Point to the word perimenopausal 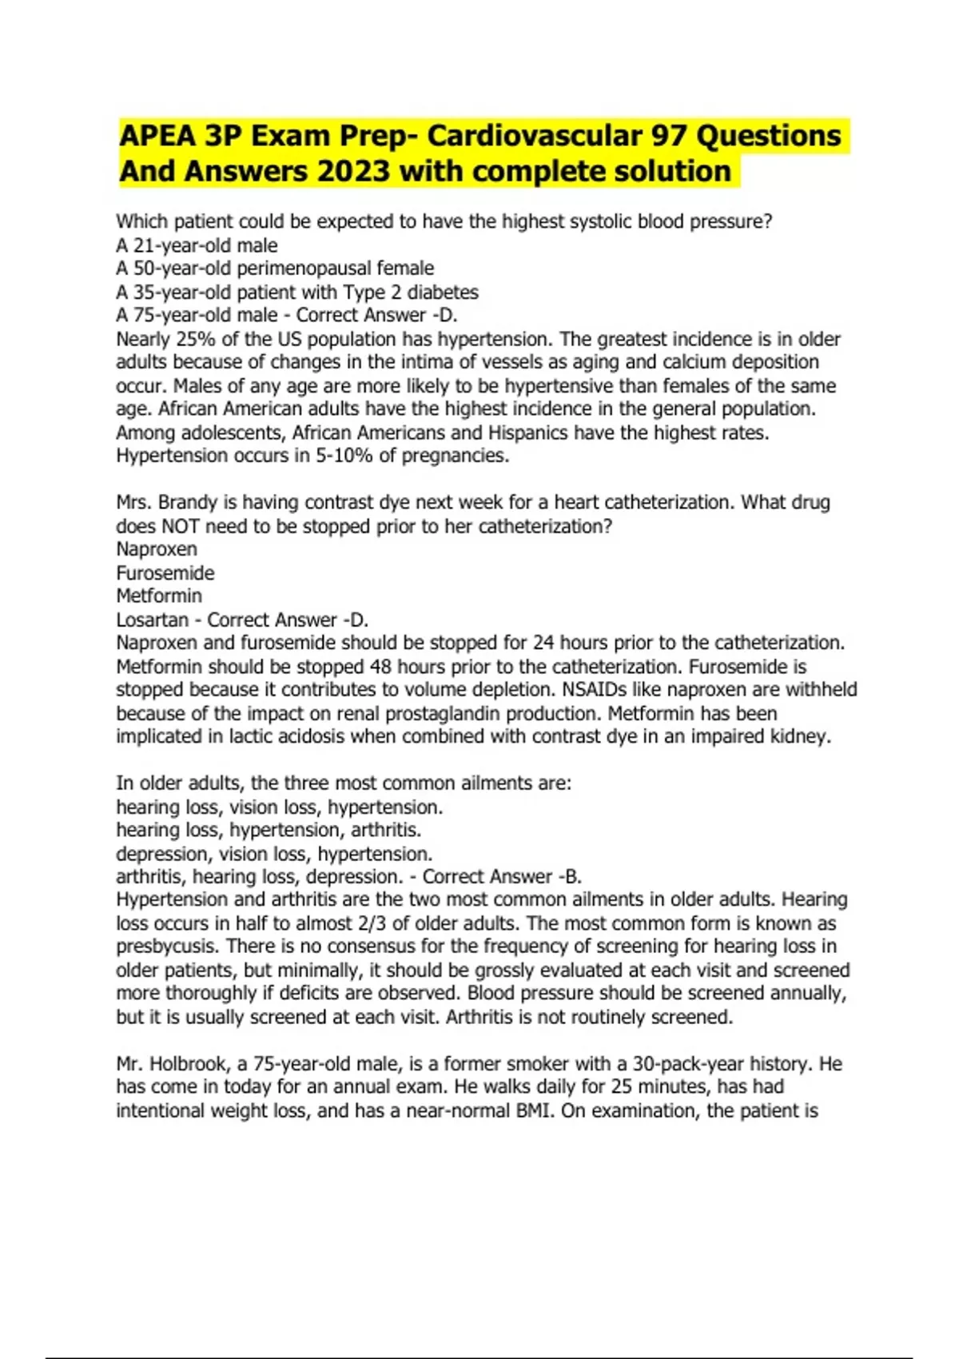click(304, 269)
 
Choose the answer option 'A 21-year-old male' click(197, 245)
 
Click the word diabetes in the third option click(443, 292)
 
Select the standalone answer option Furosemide click(165, 573)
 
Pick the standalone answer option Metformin click(159, 596)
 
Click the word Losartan click(153, 620)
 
